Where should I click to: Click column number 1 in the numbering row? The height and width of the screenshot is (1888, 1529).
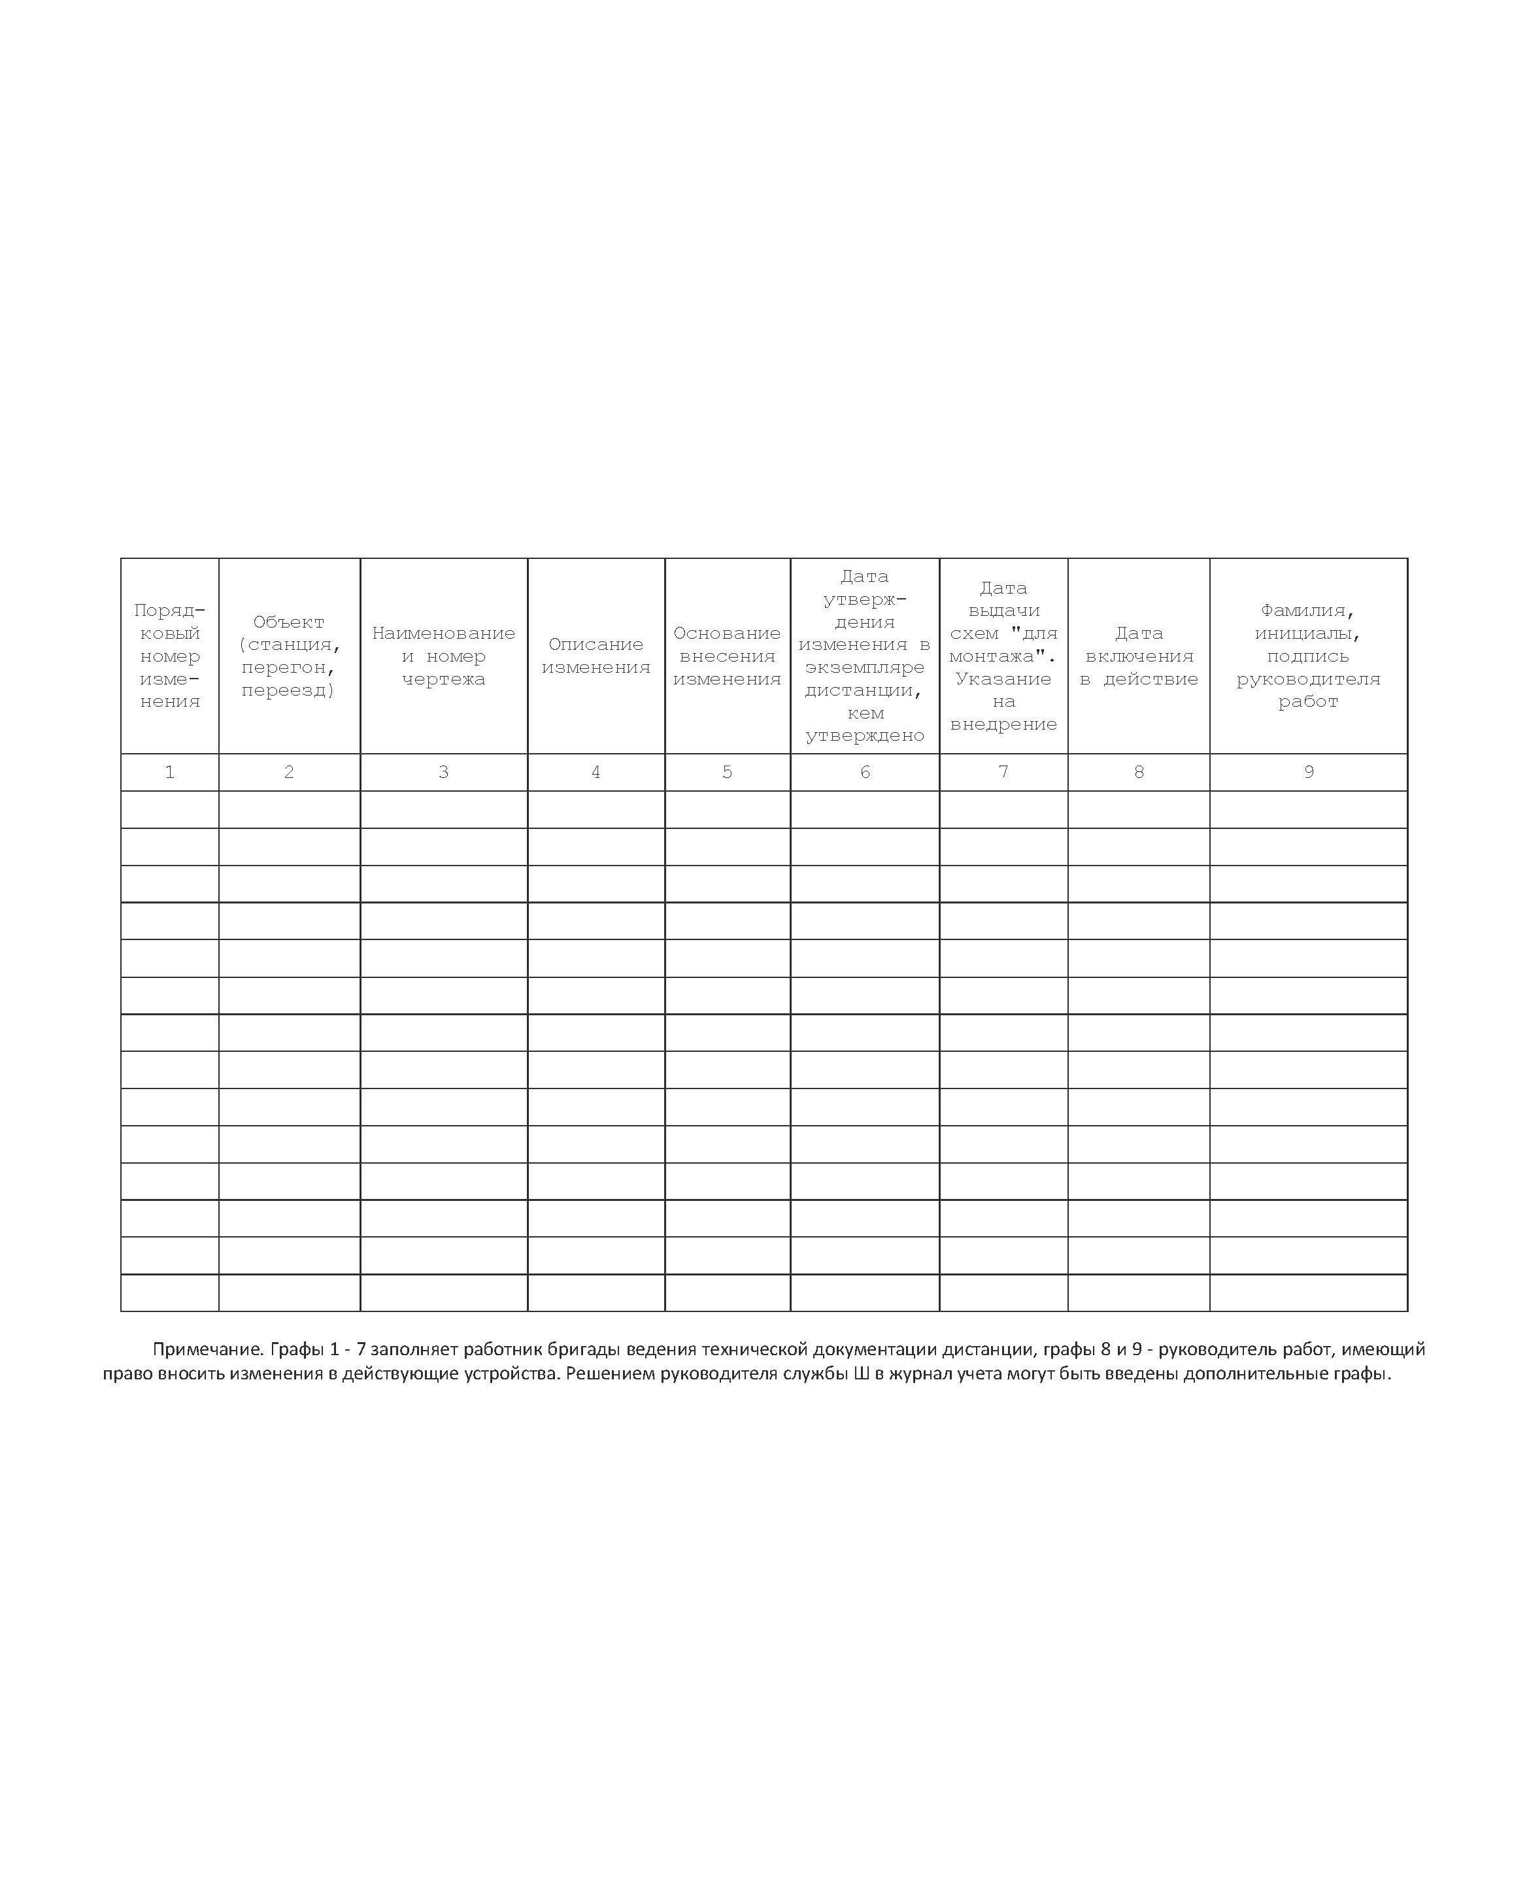click(x=169, y=772)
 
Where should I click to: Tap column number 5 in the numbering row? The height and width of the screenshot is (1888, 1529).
click(x=727, y=772)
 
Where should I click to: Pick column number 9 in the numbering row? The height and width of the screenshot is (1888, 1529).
click(x=1309, y=772)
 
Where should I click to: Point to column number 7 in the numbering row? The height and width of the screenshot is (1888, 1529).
click(x=1003, y=772)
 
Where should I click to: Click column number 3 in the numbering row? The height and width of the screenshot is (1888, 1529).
click(x=443, y=772)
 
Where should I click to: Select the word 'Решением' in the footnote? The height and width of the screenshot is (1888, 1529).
click(x=609, y=1374)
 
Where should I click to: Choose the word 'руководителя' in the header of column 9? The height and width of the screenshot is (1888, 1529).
click(x=1308, y=679)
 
